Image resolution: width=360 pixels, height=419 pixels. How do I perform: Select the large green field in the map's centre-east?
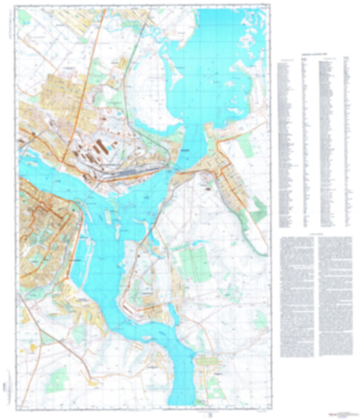[196, 260]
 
